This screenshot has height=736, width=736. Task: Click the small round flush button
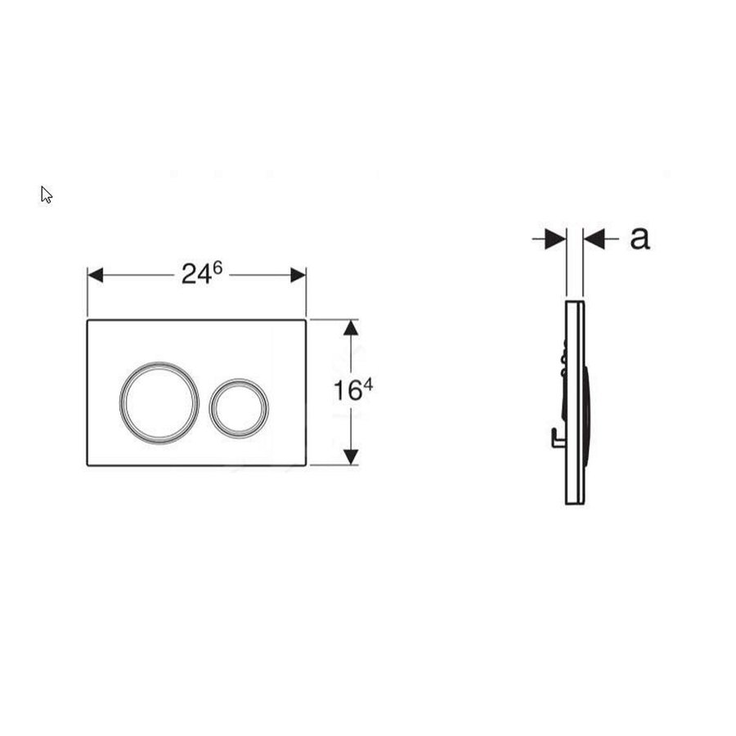coord(238,406)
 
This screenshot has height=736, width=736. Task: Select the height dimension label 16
coord(346,392)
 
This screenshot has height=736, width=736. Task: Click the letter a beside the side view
coord(640,238)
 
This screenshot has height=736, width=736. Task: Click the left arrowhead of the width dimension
coord(96,275)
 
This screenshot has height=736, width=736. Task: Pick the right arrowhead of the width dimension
coord(298,275)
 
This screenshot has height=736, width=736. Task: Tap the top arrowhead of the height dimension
coord(351,328)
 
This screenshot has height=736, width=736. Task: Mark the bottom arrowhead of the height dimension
coord(351,456)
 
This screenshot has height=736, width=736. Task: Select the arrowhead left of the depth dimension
coord(557,239)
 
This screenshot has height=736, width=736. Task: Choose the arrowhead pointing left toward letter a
coord(593,239)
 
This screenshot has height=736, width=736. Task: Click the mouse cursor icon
coord(47,195)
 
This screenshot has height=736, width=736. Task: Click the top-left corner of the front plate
coord(88,320)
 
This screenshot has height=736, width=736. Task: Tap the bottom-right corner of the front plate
coord(305,464)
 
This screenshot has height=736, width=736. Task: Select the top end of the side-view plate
coord(575,302)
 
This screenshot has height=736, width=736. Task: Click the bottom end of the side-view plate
coord(575,501)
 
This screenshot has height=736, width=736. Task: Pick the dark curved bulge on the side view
coord(590,401)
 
